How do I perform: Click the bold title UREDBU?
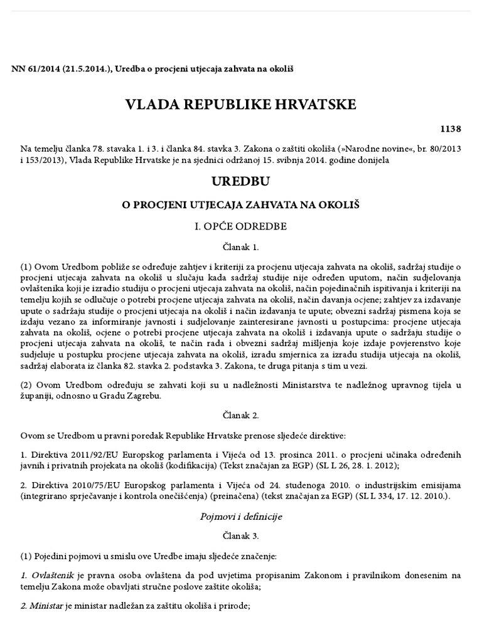point(241,182)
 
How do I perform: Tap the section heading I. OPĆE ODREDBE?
point(241,226)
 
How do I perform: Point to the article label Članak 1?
point(241,248)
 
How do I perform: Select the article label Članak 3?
point(241,537)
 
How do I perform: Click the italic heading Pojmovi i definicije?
point(241,517)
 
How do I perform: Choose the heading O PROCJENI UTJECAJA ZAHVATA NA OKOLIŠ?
point(241,205)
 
